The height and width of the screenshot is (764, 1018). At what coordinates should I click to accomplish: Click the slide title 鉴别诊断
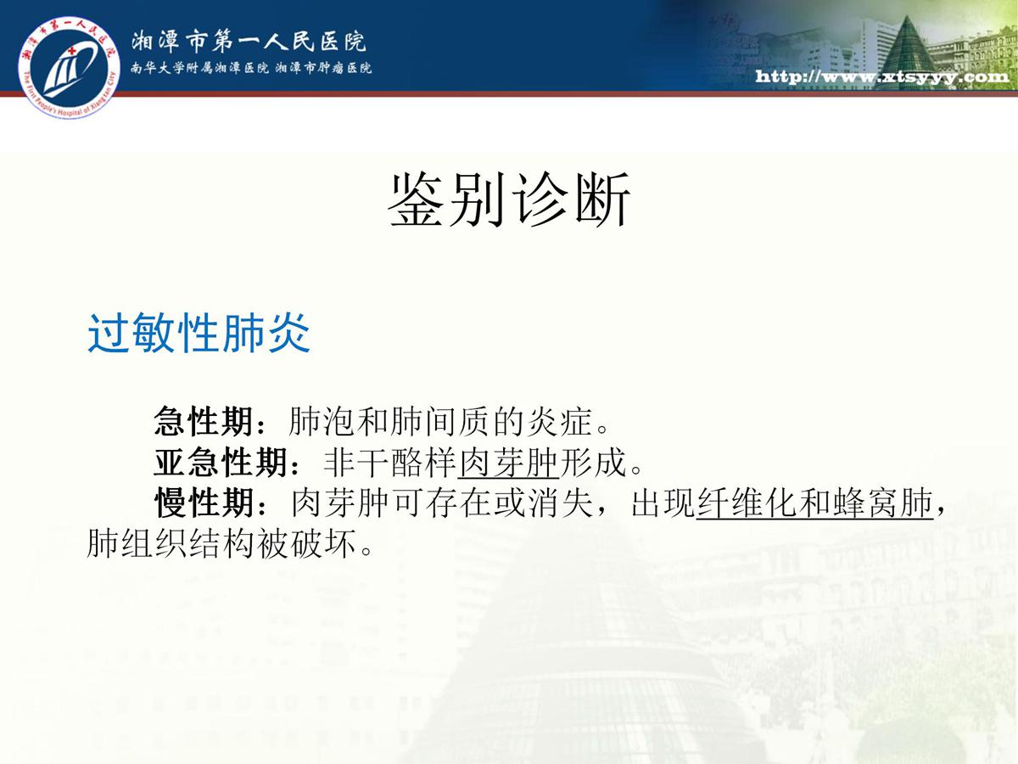click(x=509, y=200)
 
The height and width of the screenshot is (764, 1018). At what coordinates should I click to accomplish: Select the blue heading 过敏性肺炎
click(x=199, y=333)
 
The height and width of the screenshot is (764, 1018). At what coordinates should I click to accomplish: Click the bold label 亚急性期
click(x=221, y=462)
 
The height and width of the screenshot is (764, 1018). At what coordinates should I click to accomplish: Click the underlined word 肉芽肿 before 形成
click(x=508, y=463)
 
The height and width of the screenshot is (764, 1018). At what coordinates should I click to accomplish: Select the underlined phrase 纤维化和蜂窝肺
click(x=815, y=503)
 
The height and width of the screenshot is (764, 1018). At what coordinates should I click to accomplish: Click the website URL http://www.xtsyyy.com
click(x=882, y=76)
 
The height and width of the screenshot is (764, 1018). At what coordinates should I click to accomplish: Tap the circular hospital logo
click(x=69, y=68)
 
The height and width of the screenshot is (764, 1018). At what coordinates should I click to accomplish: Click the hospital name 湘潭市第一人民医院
click(x=249, y=42)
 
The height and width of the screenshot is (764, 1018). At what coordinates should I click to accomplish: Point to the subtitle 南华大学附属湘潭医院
click(x=199, y=68)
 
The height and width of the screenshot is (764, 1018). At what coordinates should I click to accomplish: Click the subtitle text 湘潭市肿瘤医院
click(x=323, y=68)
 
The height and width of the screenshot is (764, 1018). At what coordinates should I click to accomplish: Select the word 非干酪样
click(x=390, y=463)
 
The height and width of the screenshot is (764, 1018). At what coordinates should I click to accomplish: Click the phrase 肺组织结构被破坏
click(x=221, y=542)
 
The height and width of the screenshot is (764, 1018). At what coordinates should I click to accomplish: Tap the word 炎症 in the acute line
click(x=559, y=421)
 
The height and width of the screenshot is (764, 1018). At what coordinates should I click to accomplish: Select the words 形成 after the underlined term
click(x=593, y=463)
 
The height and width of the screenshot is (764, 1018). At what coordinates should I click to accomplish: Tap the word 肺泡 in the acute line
click(x=322, y=421)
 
